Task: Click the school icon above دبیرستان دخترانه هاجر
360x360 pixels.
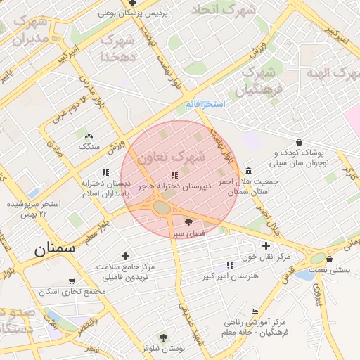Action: coord(174,175)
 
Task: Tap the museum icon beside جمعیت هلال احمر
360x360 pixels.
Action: coord(249,171)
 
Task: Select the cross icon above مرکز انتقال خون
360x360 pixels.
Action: coord(265,245)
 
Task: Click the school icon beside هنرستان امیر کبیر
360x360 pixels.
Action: coord(229,266)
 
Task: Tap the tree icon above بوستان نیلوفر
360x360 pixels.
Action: coord(163,337)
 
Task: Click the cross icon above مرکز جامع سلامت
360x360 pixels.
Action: coord(125,256)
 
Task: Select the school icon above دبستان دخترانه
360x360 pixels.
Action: coord(105,172)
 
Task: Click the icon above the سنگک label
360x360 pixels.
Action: coord(89,136)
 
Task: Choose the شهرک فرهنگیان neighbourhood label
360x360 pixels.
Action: coord(259,80)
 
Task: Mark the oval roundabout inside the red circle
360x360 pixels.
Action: coord(162,207)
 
